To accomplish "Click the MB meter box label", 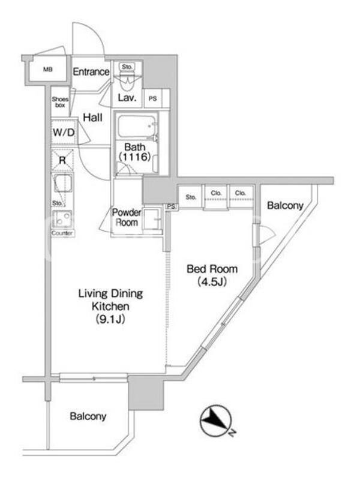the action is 48,70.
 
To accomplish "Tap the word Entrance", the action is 91,72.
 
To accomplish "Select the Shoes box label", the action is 60,102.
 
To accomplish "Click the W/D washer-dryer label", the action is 64,133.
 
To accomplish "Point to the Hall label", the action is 93,117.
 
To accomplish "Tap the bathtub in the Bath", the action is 137,127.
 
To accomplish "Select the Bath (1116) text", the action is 134,152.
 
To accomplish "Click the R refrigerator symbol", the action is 62,160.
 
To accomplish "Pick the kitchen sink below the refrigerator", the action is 63,183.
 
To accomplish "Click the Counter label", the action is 62,233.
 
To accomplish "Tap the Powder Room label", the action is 126,217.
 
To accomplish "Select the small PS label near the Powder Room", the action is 171,206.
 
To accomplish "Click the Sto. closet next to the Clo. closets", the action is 190,197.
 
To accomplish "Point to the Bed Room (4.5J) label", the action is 212,275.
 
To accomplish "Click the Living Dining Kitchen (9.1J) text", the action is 110,306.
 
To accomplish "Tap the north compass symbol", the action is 215,422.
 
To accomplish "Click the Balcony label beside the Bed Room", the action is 285,206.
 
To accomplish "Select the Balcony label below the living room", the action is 88,416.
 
